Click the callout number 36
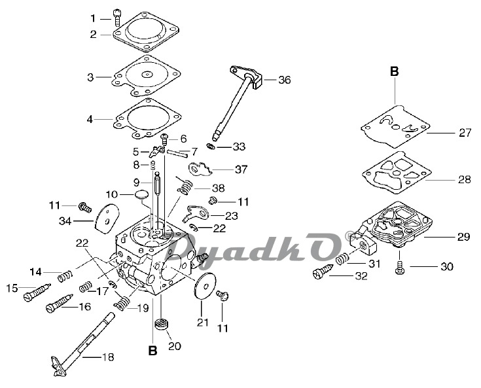pyautogui.click(x=285, y=80)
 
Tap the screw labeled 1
pyautogui.click(x=117, y=17)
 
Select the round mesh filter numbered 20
pyautogui.click(x=162, y=324)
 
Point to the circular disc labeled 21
pyautogui.click(x=205, y=285)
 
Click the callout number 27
pyautogui.click(x=465, y=133)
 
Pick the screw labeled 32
pyautogui.click(x=323, y=271)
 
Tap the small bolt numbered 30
pyautogui.click(x=399, y=266)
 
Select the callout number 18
pyautogui.click(x=108, y=357)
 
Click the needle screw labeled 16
pyautogui.click(x=60, y=303)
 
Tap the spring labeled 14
pyautogui.click(x=65, y=275)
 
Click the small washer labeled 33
pyautogui.click(x=211, y=147)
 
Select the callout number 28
pyautogui.click(x=464, y=179)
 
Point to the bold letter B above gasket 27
pyautogui.click(x=394, y=71)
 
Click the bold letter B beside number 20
pyautogui.click(x=152, y=350)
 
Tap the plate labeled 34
pyautogui.click(x=106, y=219)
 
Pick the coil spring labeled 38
pyautogui.click(x=185, y=186)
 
